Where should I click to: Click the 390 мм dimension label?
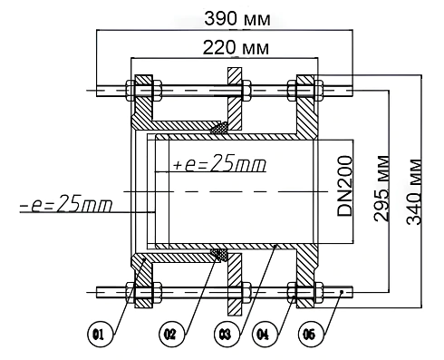click(x=237, y=19)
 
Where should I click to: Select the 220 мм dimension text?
click(x=236, y=47)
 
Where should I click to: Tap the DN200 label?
click(x=344, y=186)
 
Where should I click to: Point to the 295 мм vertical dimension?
click(x=381, y=189)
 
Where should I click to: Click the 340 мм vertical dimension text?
click(x=413, y=191)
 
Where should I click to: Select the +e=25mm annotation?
click(x=219, y=163)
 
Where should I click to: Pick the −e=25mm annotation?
click(x=66, y=203)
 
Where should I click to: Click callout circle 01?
click(x=101, y=335)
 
